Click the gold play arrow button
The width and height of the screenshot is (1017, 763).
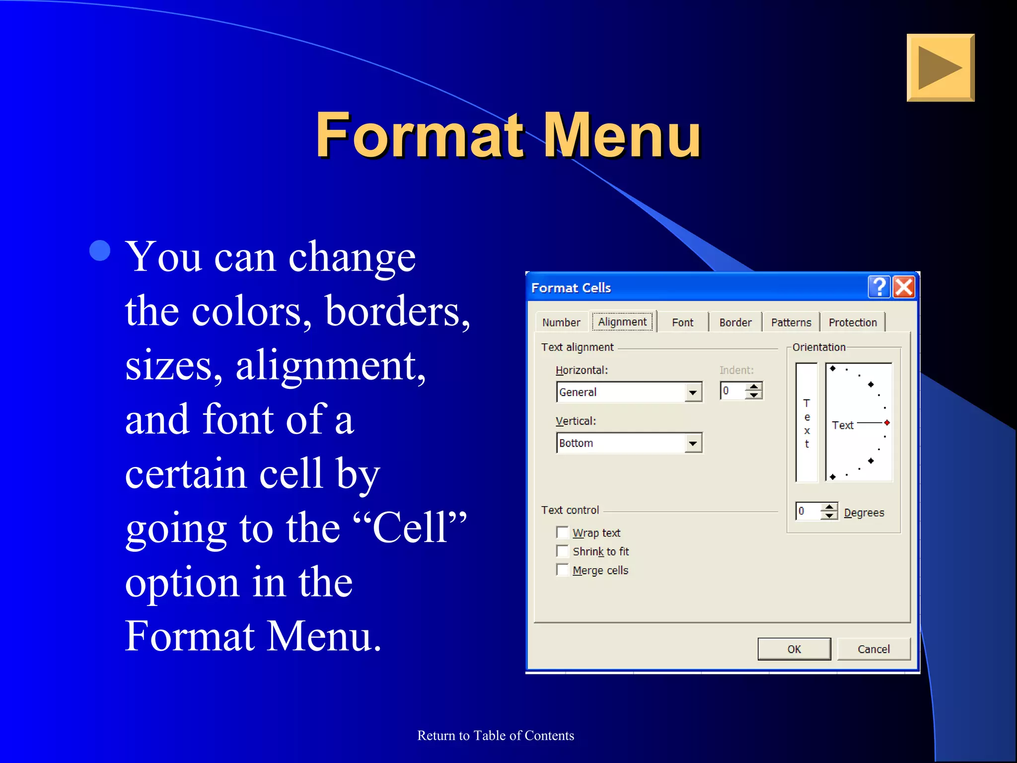click(x=940, y=68)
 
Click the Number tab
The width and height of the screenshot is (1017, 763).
click(x=561, y=322)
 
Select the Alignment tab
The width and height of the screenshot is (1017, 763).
click(x=622, y=322)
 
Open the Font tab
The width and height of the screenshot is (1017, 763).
click(x=682, y=322)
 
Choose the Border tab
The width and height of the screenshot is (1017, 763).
click(x=735, y=322)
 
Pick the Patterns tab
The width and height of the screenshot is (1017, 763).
click(x=791, y=322)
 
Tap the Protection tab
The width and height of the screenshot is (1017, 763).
click(x=852, y=322)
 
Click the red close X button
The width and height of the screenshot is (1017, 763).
click(x=904, y=287)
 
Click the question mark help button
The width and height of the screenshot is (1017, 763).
click(x=879, y=287)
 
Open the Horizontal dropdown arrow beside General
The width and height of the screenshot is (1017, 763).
click(x=693, y=392)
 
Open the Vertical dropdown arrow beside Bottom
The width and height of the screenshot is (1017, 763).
click(x=693, y=443)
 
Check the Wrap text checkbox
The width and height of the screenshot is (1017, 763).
click(x=563, y=533)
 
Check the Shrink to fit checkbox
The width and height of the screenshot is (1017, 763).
click(x=563, y=551)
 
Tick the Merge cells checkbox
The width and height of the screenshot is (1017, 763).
click(x=563, y=570)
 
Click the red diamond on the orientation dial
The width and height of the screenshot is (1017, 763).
click(x=887, y=423)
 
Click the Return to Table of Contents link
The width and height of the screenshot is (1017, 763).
click(x=496, y=736)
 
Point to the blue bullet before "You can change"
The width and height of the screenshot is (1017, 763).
click(x=100, y=251)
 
